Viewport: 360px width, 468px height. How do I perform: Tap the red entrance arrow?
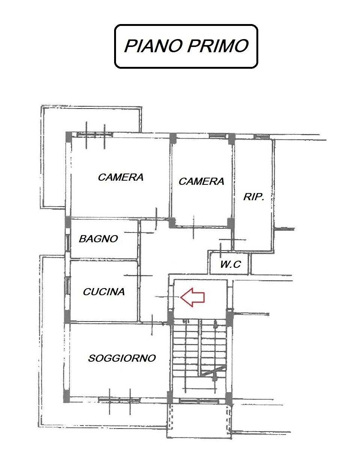[x=192, y=297]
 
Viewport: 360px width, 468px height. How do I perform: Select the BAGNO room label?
[x=98, y=239]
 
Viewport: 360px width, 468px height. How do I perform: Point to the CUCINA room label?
[x=104, y=291]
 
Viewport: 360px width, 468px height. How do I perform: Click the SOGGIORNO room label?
[x=122, y=358]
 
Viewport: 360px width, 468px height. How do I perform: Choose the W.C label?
[x=230, y=264]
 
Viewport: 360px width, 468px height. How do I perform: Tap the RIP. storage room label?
[x=254, y=196]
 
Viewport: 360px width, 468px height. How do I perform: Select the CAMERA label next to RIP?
[x=201, y=181]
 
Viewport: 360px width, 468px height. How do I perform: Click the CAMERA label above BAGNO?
[x=121, y=177]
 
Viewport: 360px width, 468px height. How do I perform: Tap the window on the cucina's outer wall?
[x=68, y=285]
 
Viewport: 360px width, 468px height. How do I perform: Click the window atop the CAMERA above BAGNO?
[x=95, y=134]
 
